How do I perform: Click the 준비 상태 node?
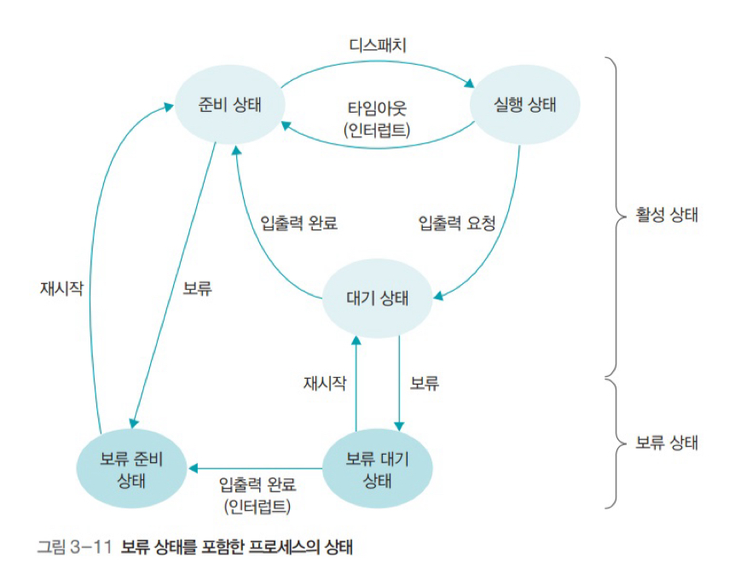[x=228, y=106]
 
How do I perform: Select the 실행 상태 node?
[x=524, y=106]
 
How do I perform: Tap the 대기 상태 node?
[x=376, y=299]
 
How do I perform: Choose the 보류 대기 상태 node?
[x=378, y=468]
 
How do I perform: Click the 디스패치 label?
[x=378, y=45]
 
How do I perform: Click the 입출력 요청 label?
[x=457, y=223]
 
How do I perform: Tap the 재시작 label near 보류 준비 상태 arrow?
[x=61, y=288]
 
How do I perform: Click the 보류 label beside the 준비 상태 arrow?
[x=198, y=288]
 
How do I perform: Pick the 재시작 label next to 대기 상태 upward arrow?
[x=325, y=383]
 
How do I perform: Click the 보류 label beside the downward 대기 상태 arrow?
[x=424, y=383]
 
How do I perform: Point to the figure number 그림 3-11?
[x=75, y=547]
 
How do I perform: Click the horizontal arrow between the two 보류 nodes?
[x=256, y=467]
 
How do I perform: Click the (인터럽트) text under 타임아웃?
[x=378, y=131]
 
